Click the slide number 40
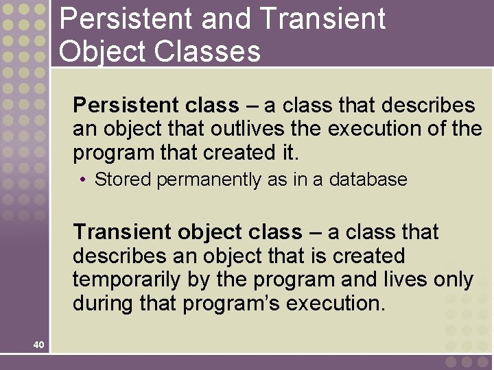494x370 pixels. click(x=38, y=345)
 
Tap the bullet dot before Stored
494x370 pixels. click(x=82, y=180)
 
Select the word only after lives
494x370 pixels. click(x=454, y=280)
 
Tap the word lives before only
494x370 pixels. click(x=407, y=280)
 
